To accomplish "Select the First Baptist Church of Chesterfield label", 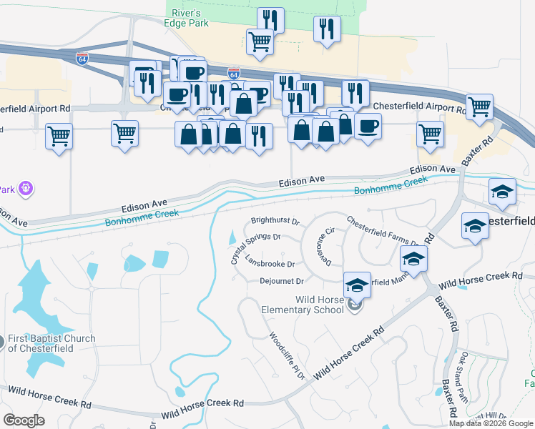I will coord(51,343).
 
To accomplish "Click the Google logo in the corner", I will coord(24,420).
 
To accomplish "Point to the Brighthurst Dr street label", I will coord(275,222).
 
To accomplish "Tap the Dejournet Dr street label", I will coord(282,281).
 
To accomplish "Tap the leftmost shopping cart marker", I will coord(59,135).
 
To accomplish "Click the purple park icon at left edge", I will coord(27,189).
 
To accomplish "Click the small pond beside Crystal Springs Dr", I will coord(232,237).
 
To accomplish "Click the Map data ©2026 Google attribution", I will coord(489,423).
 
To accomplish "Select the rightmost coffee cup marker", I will coord(368,126).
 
